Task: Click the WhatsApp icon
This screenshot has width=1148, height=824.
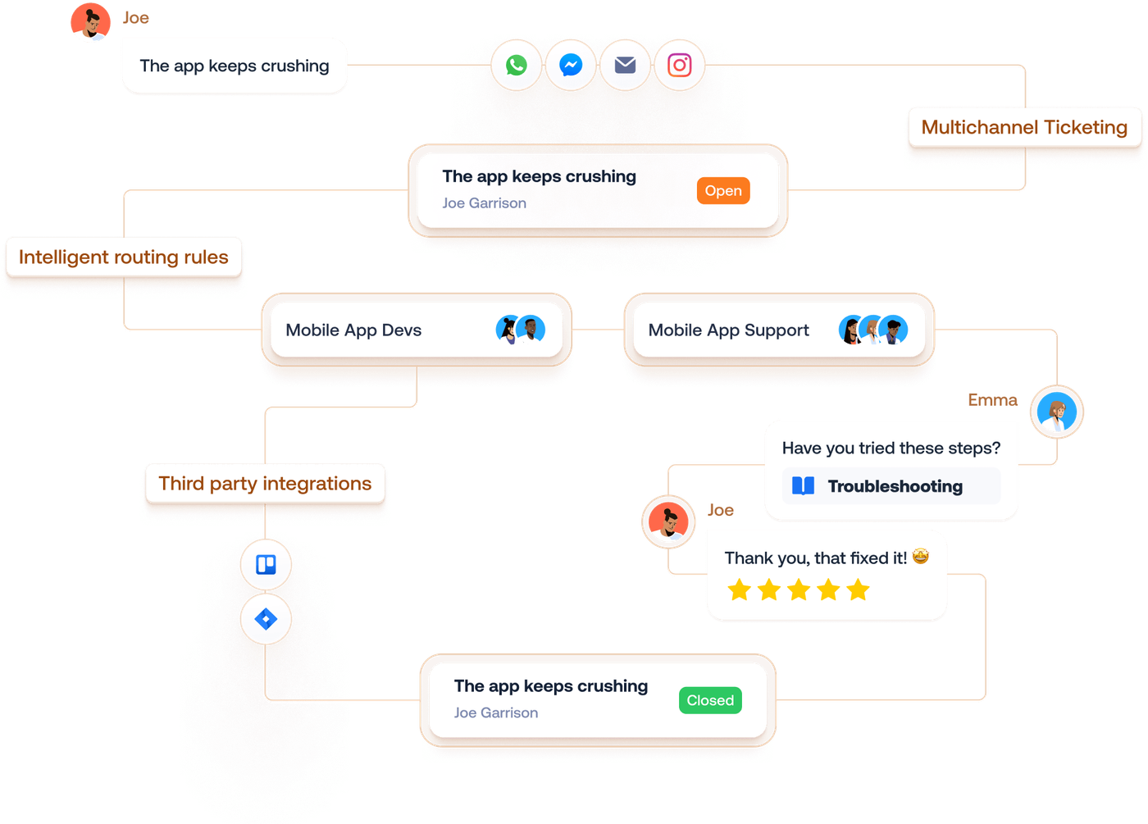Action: click(x=517, y=65)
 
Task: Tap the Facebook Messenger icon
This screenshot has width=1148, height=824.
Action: click(x=571, y=65)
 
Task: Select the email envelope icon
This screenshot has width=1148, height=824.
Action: click(x=625, y=65)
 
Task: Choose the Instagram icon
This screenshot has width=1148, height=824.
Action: click(x=679, y=65)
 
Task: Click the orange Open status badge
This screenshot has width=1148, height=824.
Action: click(x=722, y=191)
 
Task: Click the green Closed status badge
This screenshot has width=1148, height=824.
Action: click(x=710, y=700)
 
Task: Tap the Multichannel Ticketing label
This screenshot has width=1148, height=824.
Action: click(x=1024, y=127)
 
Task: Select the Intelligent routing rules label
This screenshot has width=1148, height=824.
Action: click(x=124, y=257)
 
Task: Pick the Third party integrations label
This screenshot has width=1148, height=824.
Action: click(x=265, y=484)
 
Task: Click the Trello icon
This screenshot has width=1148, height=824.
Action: click(x=266, y=565)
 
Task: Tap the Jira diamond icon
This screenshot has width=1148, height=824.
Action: click(x=266, y=619)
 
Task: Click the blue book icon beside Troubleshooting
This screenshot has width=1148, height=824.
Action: click(x=803, y=486)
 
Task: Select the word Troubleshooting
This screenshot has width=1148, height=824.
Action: click(x=895, y=486)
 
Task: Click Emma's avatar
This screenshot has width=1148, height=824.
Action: click(x=1057, y=412)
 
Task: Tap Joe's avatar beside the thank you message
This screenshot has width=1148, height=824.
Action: click(x=668, y=521)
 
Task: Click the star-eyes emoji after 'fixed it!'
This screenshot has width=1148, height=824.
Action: click(x=921, y=558)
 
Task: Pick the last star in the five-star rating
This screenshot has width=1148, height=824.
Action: click(x=858, y=590)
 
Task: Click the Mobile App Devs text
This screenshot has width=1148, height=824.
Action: click(x=353, y=330)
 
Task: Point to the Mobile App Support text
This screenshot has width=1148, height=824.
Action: click(x=728, y=330)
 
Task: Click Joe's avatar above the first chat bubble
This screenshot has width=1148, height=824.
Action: click(x=90, y=22)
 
